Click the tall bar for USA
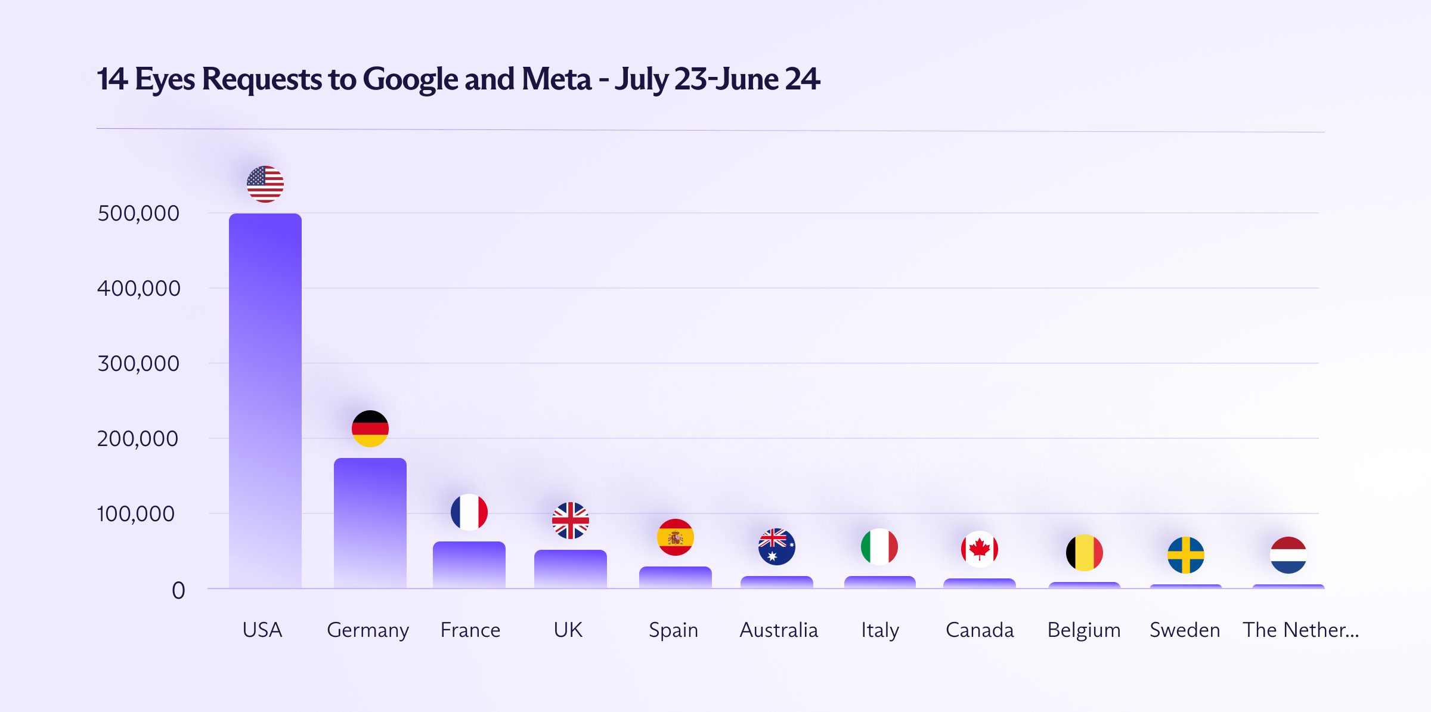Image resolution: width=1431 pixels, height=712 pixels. point(265,400)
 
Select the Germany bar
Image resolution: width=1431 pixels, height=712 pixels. point(370,522)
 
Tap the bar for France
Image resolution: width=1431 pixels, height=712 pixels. point(469,564)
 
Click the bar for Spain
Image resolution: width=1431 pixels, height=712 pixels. point(676,577)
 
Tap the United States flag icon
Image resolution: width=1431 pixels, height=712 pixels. point(265,184)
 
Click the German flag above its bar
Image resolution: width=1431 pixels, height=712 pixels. point(370,429)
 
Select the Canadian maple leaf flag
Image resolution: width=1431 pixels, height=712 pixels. point(980,549)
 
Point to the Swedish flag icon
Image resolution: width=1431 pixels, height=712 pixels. point(1186,555)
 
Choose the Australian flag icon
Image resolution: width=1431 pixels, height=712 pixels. point(777,547)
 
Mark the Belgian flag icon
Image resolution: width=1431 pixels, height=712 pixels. point(1085,553)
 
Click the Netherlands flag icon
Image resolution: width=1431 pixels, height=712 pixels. point(1288,555)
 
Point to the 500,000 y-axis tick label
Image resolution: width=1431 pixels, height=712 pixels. point(138,213)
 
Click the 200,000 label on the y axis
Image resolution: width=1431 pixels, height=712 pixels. point(138,439)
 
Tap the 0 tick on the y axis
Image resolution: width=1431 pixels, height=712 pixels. point(178,591)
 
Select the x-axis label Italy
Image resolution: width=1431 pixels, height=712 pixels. point(880,630)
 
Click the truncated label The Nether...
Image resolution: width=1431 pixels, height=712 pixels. point(1300,630)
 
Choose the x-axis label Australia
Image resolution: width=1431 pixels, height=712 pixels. point(779,630)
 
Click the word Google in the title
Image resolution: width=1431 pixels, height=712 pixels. point(410,79)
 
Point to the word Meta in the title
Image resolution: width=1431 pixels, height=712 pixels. point(556,79)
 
